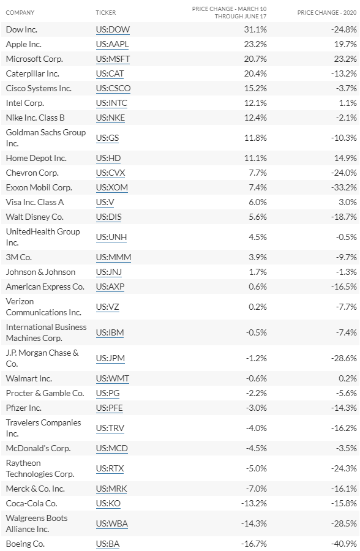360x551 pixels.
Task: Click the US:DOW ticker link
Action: [x=113, y=29]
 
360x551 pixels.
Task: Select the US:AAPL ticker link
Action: [x=113, y=44]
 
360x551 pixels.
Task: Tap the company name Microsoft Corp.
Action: [x=34, y=59]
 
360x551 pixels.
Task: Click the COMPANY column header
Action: [x=20, y=13]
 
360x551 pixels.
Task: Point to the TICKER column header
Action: [x=106, y=13]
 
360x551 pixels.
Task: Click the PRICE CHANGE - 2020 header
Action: [x=327, y=13]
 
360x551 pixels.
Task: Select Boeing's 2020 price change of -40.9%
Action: [x=344, y=544]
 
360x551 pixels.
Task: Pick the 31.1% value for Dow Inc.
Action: [x=255, y=29]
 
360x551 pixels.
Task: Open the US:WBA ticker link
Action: [x=112, y=523]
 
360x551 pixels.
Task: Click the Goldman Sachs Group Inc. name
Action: [x=46, y=138]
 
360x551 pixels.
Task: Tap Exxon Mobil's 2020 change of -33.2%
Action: [x=344, y=187]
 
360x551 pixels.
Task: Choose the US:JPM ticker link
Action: [x=110, y=358]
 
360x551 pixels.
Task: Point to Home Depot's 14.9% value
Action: [x=345, y=158]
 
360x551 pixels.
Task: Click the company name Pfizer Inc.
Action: [x=23, y=408]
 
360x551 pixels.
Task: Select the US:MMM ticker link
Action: [x=113, y=257]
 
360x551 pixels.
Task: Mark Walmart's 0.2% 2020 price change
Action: [x=348, y=378]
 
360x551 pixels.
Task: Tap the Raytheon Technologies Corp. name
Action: [x=40, y=468]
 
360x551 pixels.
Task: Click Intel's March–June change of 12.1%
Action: [x=255, y=103]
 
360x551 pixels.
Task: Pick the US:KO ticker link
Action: [x=108, y=504]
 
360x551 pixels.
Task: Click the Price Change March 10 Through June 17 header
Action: [x=229, y=13]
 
